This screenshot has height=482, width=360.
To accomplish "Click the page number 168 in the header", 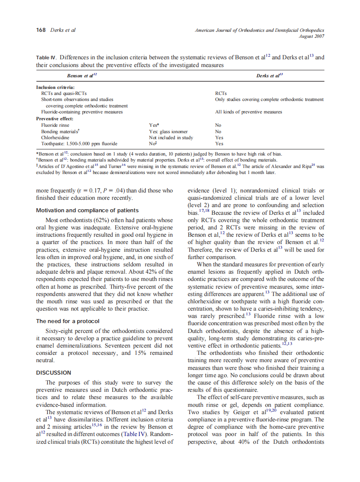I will click(41, 30).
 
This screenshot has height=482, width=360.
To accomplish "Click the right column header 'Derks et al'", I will click(269, 75).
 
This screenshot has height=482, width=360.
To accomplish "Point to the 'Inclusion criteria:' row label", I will click(55, 87).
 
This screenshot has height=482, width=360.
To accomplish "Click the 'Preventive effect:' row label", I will click(55, 118).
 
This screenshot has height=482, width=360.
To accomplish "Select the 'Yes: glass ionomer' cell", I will click(168, 131).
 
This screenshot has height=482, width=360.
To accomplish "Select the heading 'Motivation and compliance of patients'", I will click(87, 210).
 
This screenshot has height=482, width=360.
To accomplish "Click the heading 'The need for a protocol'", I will click(68, 321).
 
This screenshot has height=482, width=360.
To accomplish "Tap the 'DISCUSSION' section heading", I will click(54, 373).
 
